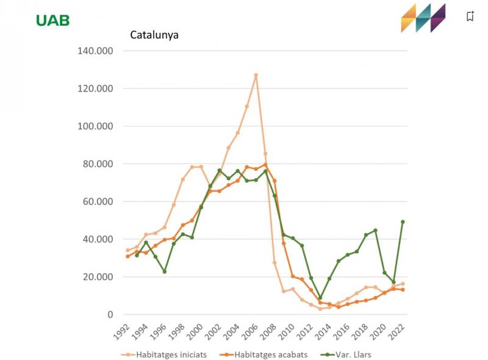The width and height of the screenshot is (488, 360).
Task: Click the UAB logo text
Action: pyautogui.click(x=52, y=20)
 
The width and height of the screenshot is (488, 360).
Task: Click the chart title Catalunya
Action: pyautogui.click(x=154, y=34)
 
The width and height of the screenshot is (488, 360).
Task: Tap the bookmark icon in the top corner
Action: pyautogui.click(x=470, y=16)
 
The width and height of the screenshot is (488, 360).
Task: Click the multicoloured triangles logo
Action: pyautogui.click(x=423, y=18)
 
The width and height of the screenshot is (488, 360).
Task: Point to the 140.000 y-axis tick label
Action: pyautogui.click(x=96, y=51)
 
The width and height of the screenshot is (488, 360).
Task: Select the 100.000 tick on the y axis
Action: pyautogui.click(x=96, y=126)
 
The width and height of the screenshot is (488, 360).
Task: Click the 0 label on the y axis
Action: pyautogui.click(x=110, y=315)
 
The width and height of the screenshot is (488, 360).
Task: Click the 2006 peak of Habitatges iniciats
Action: pyautogui.click(x=256, y=75)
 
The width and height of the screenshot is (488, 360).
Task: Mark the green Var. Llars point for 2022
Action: pyautogui.click(x=403, y=222)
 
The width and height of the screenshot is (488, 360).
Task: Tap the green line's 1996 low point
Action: pyautogui.click(x=164, y=272)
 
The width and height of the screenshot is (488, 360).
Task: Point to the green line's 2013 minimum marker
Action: pyautogui.click(x=320, y=298)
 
